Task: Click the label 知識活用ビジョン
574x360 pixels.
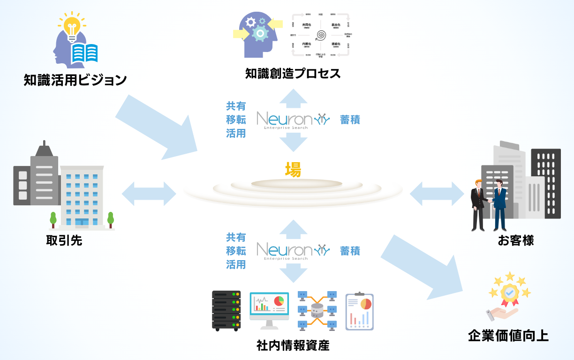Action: pyautogui.click(x=76, y=80)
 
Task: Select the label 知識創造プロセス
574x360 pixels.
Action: pyautogui.click(x=293, y=74)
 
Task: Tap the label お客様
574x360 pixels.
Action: pyautogui.click(x=516, y=240)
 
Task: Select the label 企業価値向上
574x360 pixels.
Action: pyautogui.click(x=508, y=336)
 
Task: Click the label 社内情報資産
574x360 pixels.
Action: pyautogui.click(x=293, y=345)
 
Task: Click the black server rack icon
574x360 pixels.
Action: pyautogui.click(x=226, y=310)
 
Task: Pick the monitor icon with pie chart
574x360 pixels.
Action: pyautogui.click(x=268, y=309)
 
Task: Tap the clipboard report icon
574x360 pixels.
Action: pyautogui.click(x=359, y=311)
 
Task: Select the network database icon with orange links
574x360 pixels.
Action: pyautogui.click(x=317, y=310)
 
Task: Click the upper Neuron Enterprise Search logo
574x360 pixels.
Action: pyautogui.click(x=290, y=120)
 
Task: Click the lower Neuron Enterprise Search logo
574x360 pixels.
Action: pyautogui.click(x=290, y=251)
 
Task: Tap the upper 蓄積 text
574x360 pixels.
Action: pyautogui.click(x=350, y=120)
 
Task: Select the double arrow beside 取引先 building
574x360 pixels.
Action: pyautogui.click(x=149, y=193)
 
